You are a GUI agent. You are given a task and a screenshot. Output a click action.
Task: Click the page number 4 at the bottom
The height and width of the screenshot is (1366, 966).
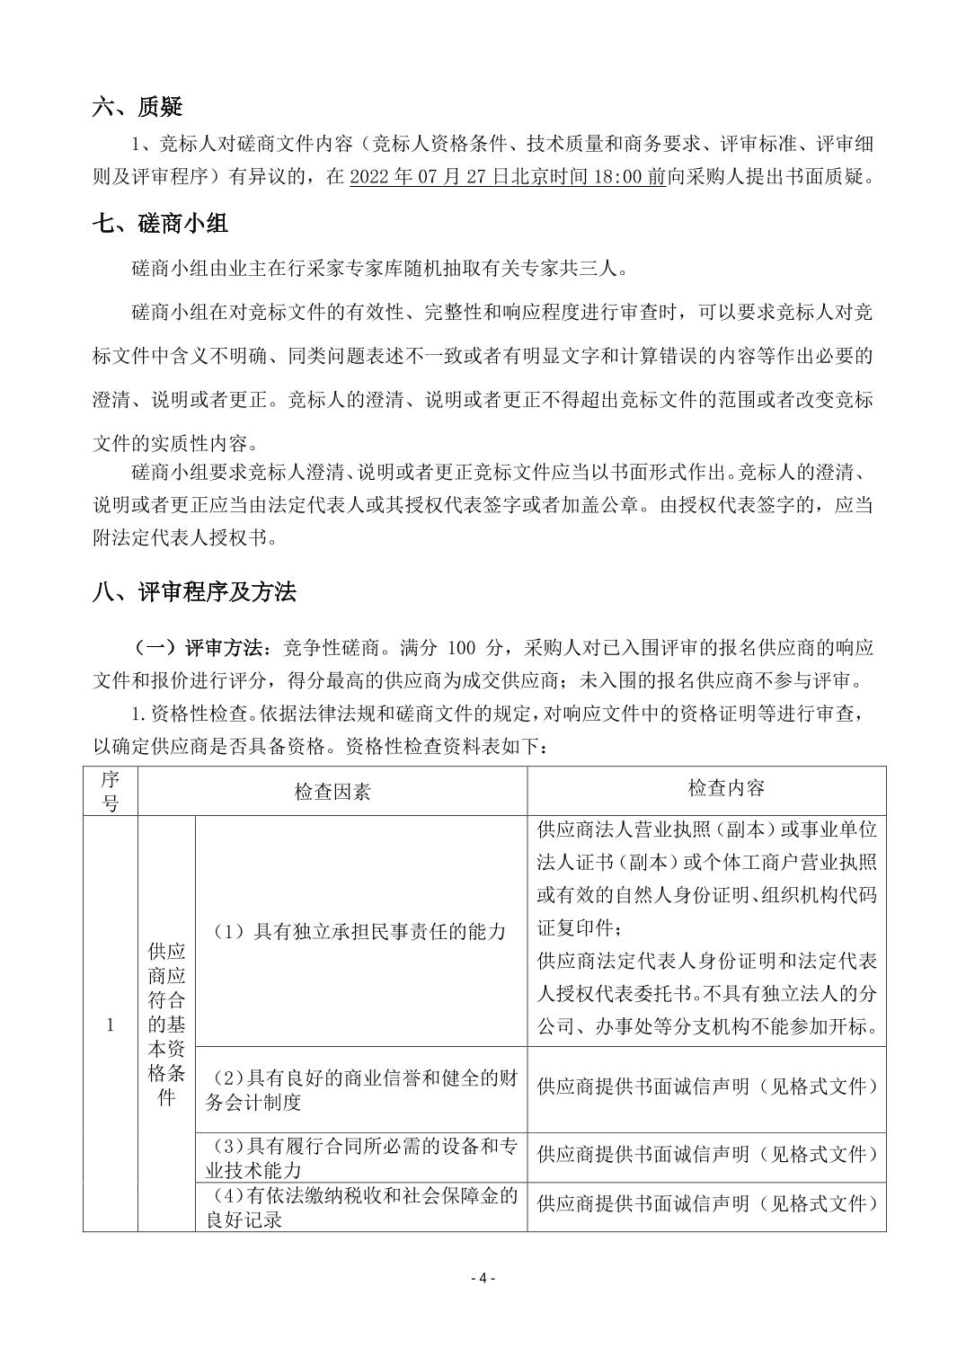point(483,1278)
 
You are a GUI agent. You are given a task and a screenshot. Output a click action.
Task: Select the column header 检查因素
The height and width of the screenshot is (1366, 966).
point(332,791)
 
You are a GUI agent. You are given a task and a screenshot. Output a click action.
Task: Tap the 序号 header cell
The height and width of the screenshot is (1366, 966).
point(111,791)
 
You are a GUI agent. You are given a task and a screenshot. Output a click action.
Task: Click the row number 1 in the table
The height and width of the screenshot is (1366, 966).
point(111,1024)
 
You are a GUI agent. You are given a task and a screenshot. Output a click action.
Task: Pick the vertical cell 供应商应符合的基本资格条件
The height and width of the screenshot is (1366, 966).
point(166,1023)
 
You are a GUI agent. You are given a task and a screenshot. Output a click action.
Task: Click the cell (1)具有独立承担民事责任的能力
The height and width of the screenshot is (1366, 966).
point(359,932)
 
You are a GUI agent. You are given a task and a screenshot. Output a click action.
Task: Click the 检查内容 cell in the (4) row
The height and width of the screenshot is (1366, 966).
point(706,1202)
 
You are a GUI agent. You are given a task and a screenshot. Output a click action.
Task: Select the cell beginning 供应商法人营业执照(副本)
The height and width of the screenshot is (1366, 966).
point(706,927)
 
